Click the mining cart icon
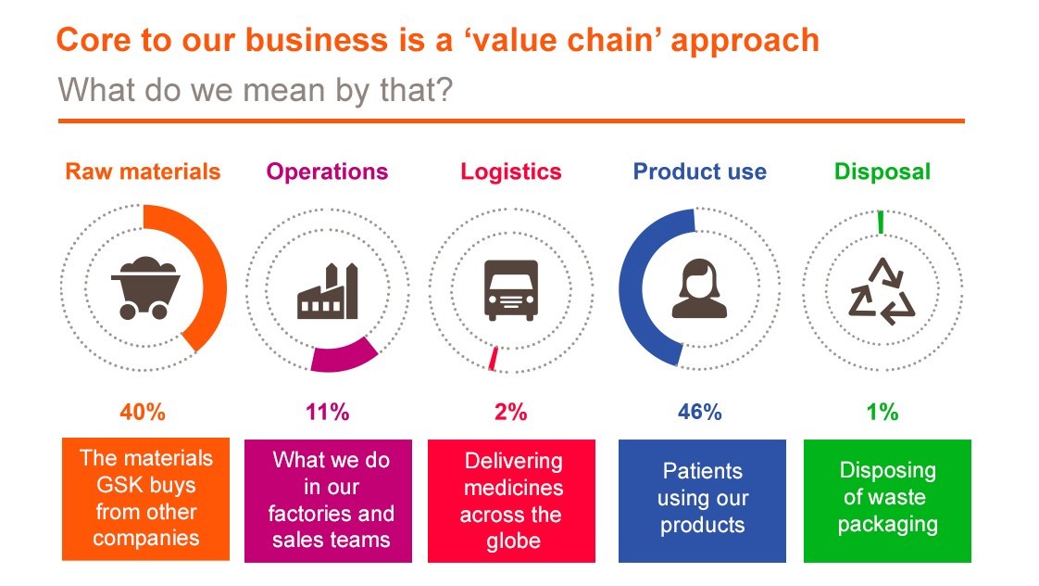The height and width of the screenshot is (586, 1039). point(145,288)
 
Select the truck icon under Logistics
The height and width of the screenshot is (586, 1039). point(511,290)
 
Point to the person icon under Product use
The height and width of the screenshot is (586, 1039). point(699,288)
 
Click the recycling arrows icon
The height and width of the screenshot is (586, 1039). point(882,290)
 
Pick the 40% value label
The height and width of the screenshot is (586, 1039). point(143,412)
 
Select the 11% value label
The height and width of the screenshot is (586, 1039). point(327,412)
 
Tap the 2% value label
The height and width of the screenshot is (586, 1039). point(511,412)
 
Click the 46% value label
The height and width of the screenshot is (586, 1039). point(700,412)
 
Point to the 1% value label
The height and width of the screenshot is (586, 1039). point(883,412)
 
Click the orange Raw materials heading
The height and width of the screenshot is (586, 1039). point(143,172)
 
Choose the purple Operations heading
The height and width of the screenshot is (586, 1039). point(327,172)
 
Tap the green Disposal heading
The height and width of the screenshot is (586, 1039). point(883,172)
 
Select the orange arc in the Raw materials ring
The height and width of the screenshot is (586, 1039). point(216,279)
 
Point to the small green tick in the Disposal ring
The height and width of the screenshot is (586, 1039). point(881,223)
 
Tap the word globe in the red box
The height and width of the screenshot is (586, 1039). point(514,541)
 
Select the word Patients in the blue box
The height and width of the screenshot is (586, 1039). point(702,471)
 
